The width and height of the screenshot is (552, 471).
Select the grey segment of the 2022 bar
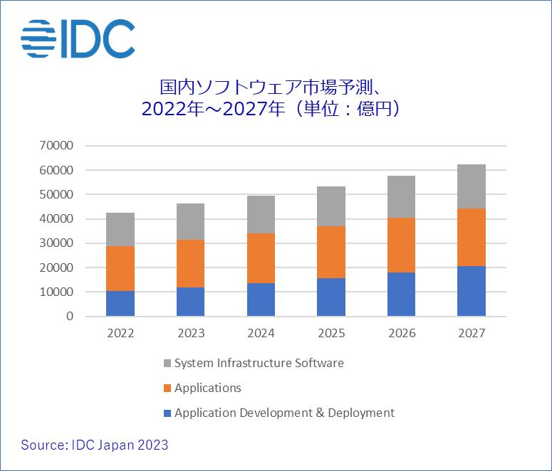(120, 229)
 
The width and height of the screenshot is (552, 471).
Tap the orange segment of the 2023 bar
(190, 263)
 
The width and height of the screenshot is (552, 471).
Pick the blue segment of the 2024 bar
(261, 300)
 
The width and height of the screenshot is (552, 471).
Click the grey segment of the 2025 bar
(331, 206)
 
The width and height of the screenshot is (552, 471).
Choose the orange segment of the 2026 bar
(401, 245)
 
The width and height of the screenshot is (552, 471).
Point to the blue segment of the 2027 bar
(472, 291)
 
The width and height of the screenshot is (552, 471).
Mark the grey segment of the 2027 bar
(472, 186)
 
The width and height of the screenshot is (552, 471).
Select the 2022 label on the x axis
(120, 334)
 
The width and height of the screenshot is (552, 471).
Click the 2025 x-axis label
(331, 334)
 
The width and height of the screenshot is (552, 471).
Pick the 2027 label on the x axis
(472, 334)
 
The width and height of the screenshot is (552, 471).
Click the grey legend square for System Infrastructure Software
(167, 364)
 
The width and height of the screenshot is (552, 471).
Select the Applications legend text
(207, 388)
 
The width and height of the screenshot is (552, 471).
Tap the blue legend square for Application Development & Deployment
(167, 413)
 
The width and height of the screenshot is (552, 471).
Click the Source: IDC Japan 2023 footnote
(95, 445)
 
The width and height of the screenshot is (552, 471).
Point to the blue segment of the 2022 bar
(120, 304)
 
